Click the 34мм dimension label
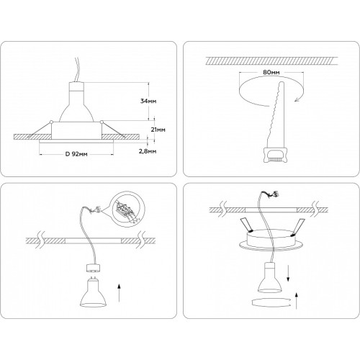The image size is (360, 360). pyautogui.click(x=148, y=101)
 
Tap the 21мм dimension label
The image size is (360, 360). pyautogui.click(x=158, y=130)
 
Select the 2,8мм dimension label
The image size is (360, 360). pyautogui.click(x=148, y=151)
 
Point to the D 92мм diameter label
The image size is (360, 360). pyautogui.click(x=76, y=154)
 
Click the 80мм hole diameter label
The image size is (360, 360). pyautogui.click(x=271, y=72)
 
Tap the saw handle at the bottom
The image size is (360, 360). pyautogui.click(x=275, y=156)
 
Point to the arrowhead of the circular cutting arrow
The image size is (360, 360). pyautogui.click(x=297, y=99)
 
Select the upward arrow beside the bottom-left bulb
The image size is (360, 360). pyautogui.click(x=119, y=293)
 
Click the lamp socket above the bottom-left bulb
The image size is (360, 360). pyautogui.click(x=93, y=268)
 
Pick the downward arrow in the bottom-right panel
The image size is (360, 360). pyautogui.click(x=288, y=272)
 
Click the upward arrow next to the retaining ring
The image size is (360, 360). pyautogui.click(x=297, y=301)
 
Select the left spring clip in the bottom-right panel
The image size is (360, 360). pyautogui.click(x=246, y=225)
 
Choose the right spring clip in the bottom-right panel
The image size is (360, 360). pyautogui.click(x=298, y=228)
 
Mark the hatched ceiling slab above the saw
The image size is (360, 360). pyautogui.click(x=272, y=60)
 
